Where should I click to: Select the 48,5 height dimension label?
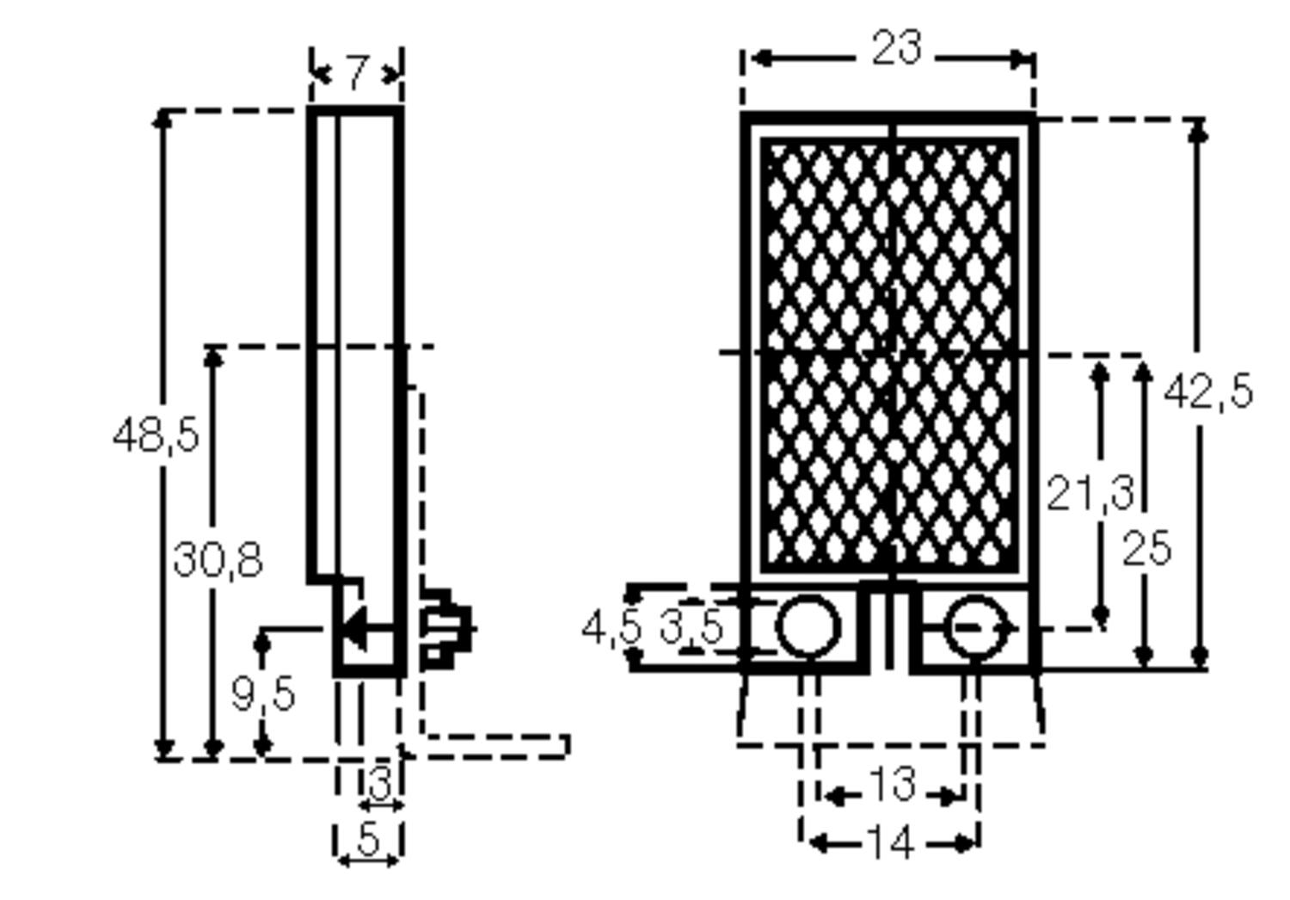click(x=156, y=435)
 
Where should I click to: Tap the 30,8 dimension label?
click(x=218, y=560)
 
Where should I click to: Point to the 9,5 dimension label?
click(x=263, y=693)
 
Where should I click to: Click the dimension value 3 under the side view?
click(x=378, y=783)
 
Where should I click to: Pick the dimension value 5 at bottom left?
click(x=367, y=840)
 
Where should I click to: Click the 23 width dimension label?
click(x=896, y=48)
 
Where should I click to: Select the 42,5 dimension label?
click(x=1207, y=392)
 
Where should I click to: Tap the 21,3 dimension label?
click(x=1089, y=493)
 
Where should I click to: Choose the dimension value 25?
click(x=1146, y=549)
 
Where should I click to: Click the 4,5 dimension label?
click(x=611, y=628)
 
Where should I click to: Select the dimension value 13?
click(x=892, y=785)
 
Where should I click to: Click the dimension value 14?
click(x=890, y=842)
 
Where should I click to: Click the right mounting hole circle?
click(x=974, y=627)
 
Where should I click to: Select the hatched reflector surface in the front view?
click(x=890, y=353)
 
